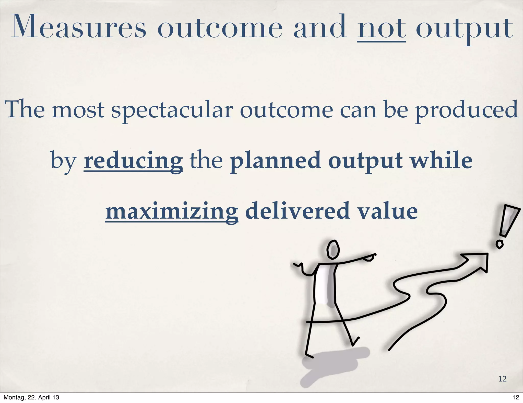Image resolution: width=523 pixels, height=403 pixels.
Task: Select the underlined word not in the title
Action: pos(382,28)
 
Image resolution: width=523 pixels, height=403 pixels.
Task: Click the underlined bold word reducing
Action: pos(133,161)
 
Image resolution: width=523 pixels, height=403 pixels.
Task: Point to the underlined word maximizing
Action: pos(172,211)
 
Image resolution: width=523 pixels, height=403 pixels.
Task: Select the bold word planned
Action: pos(275,161)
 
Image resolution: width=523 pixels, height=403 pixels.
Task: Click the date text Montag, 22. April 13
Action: pos(31,397)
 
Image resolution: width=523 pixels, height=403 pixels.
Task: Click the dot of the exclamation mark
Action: pos(500,244)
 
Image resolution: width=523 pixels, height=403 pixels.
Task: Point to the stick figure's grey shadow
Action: pos(332,363)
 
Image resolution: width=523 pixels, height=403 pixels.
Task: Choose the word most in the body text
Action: pos(78,110)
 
